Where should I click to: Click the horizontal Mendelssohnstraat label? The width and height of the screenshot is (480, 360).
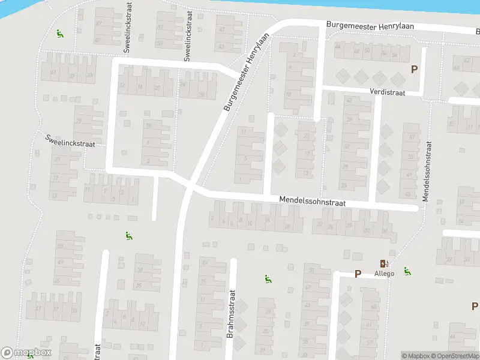pyautogui.click(x=312, y=203)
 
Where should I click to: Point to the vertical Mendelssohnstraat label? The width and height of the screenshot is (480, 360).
pyautogui.click(x=428, y=171)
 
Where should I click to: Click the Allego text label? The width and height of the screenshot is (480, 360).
pyautogui.click(x=384, y=274)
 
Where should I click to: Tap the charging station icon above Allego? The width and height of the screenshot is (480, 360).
pyautogui.click(x=383, y=263)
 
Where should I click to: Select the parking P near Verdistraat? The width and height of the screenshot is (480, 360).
pyautogui.click(x=413, y=70)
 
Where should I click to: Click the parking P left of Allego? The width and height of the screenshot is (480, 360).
pyautogui.click(x=358, y=274)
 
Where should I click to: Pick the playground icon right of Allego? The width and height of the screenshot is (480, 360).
pyautogui.click(x=407, y=271)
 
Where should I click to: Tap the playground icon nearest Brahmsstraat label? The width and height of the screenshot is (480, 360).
pyautogui.click(x=268, y=278)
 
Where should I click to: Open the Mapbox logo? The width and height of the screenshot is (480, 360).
pyautogui.click(x=26, y=352)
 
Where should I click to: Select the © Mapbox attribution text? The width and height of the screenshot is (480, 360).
pyautogui.click(x=415, y=356)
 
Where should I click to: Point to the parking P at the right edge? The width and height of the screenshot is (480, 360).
pyautogui.click(x=474, y=307)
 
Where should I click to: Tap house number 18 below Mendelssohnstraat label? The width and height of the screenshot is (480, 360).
pyautogui.click(x=287, y=226)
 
